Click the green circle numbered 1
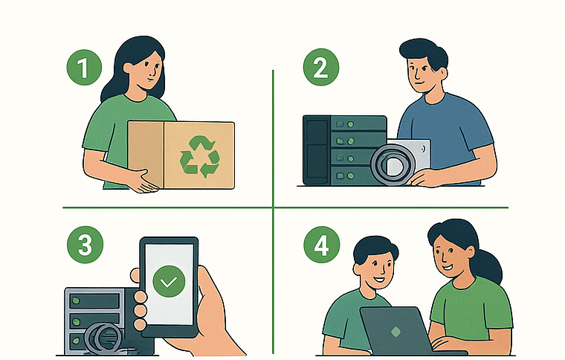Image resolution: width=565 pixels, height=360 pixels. (x=84, y=68)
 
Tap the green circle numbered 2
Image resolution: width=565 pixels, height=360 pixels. (x=321, y=67)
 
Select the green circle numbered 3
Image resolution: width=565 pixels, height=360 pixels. (x=85, y=245)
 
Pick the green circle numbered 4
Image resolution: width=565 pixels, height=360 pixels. (x=321, y=245)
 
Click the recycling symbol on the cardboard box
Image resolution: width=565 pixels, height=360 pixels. (x=199, y=156)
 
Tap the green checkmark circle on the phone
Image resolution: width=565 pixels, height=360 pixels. (x=169, y=281)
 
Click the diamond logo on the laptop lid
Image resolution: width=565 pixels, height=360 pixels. (x=395, y=332)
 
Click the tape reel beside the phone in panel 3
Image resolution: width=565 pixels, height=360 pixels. (x=103, y=338)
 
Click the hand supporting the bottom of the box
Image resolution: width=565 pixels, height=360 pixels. (x=143, y=181)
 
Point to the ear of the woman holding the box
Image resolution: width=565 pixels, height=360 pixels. (x=129, y=68)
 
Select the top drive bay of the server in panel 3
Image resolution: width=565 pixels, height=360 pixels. (x=95, y=300)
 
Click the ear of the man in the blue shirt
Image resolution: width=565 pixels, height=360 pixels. (x=444, y=74)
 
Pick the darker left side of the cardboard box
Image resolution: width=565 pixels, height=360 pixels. (x=146, y=155)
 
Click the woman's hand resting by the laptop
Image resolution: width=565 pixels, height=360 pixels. (x=447, y=344)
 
